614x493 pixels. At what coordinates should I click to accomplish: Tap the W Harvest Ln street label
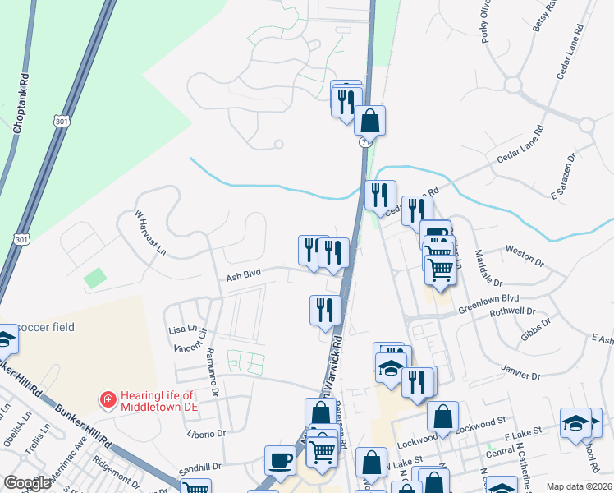click(150, 231)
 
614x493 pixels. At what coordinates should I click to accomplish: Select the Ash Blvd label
click(243, 277)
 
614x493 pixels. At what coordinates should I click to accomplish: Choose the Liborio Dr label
click(206, 431)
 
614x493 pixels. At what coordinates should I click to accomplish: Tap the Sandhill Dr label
click(201, 464)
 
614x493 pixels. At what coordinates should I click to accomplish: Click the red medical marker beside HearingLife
click(107, 400)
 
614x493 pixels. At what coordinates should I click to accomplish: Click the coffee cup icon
click(280, 460)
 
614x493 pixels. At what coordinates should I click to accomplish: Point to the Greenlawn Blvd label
click(489, 299)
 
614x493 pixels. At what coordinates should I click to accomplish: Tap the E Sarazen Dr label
click(566, 176)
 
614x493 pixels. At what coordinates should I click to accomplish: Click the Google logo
click(27, 482)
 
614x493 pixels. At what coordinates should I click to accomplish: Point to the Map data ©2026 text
click(579, 486)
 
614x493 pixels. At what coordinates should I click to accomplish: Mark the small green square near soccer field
click(95, 278)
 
